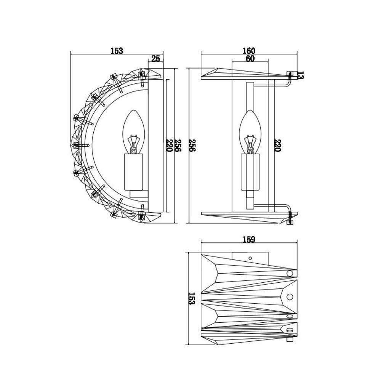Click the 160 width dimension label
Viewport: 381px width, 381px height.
tap(249, 51)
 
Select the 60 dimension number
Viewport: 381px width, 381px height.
tap(250, 59)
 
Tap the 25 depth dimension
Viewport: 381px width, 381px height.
tap(156, 59)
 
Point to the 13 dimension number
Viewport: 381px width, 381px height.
tap(300, 75)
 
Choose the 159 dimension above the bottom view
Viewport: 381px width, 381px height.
tap(249, 240)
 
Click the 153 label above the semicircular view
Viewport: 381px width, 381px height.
tap(117, 51)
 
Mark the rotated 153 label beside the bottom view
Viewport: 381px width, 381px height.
tap(192, 298)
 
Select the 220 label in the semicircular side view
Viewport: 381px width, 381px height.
tap(169, 146)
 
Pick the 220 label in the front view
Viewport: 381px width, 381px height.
tap(277, 146)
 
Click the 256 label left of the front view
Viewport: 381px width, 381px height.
tap(192, 146)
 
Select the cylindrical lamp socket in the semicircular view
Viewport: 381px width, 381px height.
tap(133, 172)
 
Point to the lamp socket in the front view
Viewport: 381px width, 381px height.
tap(250, 172)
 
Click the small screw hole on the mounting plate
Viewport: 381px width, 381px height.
tap(250, 258)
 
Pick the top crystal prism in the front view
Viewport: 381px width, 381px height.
tap(245, 74)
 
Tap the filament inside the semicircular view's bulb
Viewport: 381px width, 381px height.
tap(133, 144)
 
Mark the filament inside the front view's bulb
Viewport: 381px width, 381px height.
tap(250, 144)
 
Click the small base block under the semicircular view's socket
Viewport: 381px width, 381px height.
tap(139, 194)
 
